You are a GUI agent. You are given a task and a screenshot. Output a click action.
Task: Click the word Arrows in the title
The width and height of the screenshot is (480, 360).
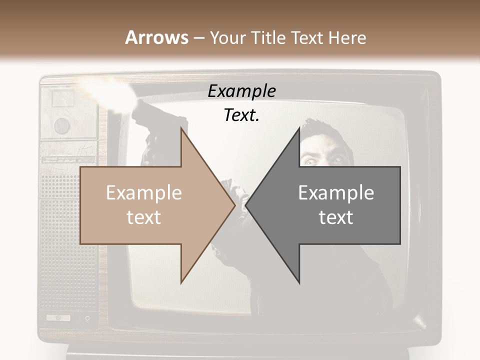157,37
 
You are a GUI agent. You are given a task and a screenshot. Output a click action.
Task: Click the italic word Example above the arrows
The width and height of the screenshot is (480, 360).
241,91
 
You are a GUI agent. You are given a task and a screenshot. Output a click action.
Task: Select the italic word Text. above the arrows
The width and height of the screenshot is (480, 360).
241,115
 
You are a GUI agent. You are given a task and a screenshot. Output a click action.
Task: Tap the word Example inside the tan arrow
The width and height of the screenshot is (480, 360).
144,193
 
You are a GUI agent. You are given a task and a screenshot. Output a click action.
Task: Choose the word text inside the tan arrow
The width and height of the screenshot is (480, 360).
144,217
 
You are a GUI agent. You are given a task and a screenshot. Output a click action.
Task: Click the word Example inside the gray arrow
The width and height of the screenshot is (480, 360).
336,193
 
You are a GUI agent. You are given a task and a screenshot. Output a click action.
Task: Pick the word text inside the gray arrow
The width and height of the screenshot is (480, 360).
336,217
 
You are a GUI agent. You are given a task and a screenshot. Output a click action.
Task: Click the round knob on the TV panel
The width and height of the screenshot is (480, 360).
62,124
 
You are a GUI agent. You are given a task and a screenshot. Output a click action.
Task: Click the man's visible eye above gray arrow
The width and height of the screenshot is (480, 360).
309,160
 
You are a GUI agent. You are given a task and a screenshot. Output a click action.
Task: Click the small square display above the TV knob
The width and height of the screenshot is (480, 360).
62,98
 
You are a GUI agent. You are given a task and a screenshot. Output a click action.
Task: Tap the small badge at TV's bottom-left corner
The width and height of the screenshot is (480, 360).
58,317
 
